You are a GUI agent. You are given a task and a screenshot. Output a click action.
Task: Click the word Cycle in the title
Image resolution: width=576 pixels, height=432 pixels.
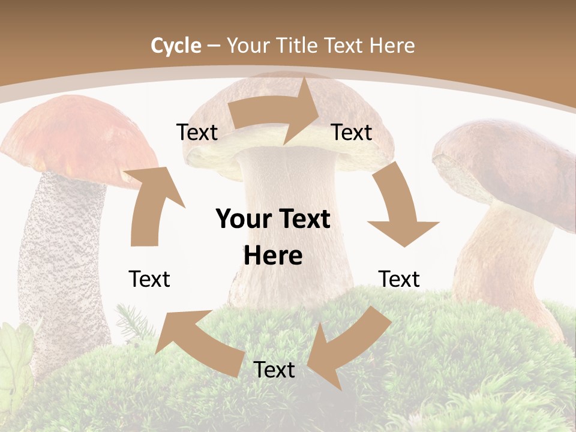[x=176, y=46]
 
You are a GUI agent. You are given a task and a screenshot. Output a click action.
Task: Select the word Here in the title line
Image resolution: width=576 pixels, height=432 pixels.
[x=392, y=46]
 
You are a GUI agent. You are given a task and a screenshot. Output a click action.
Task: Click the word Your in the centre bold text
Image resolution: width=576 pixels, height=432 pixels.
[x=239, y=220]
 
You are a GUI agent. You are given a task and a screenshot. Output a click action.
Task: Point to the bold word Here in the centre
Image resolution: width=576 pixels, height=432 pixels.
[x=273, y=256]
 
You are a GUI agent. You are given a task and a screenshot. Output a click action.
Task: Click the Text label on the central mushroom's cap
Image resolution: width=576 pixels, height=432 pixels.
[x=352, y=132]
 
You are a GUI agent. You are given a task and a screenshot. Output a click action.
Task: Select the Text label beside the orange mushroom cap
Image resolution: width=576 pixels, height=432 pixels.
[x=197, y=132]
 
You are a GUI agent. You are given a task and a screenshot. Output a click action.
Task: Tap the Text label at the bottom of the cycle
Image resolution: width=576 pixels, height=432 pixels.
[x=274, y=370]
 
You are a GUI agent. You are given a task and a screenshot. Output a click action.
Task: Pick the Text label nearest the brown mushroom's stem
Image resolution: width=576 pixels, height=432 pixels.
[x=399, y=279]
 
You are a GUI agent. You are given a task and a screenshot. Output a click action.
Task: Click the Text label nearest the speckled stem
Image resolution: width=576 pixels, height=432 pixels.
[x=149, y=279]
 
